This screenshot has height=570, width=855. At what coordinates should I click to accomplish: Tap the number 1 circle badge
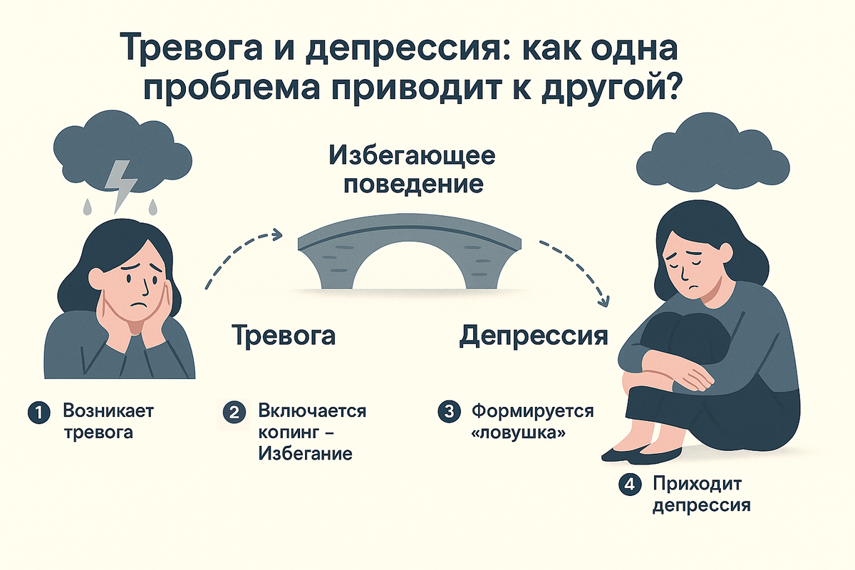point(38,413)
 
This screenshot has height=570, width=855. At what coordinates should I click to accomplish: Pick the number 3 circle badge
point(448,413)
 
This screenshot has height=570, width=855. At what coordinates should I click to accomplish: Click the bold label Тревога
point(284,335)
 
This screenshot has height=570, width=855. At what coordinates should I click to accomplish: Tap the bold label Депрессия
point(534,335)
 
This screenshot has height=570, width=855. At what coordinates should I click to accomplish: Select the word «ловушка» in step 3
point(514,432)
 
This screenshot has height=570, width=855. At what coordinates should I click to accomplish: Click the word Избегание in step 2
point(306,454)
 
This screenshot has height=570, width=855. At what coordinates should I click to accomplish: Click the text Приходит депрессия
point(701,495)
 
